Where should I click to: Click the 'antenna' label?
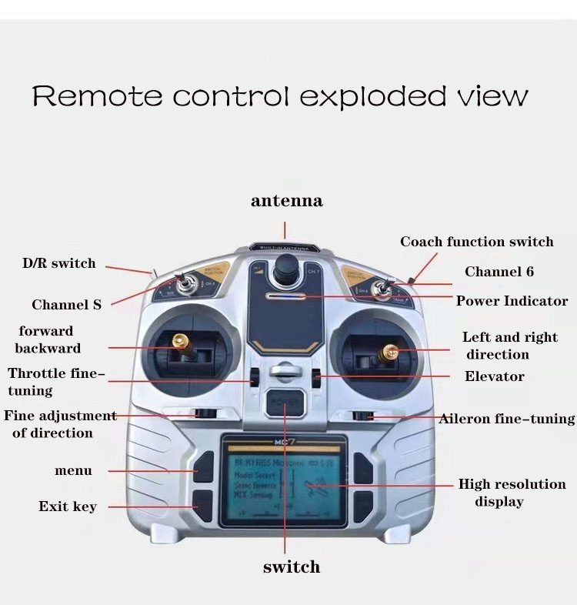(286, 202)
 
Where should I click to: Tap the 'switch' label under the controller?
(291, 567)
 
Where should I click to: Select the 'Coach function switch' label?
(476, 242)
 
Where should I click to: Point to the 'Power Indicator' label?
(512, 301)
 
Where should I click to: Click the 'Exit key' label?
(68, 506)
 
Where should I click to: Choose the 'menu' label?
(73, 470)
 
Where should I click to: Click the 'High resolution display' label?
(512, 493)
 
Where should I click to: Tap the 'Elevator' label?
(494, 376)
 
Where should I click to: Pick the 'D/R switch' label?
(58, 263)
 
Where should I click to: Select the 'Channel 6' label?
(499, 272)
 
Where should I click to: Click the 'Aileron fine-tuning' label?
(507, 419)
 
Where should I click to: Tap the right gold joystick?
(389, 353)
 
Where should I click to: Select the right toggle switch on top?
(380, 289)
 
